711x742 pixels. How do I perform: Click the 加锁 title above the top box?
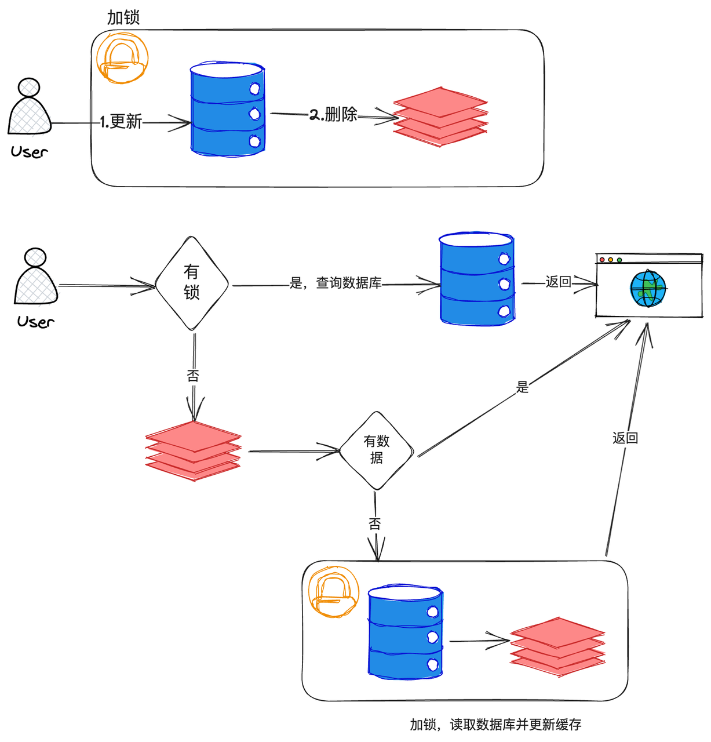tap(123, 17)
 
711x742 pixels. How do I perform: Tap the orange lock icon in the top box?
tap(122, 58)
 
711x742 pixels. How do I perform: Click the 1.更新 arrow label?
tap(121, 122)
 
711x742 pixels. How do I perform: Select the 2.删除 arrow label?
tap(333, 114)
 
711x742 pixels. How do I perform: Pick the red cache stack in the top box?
tap(440, 117)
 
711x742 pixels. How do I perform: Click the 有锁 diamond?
tap(192, 283)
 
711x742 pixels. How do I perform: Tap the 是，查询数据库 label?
tap(336, 283)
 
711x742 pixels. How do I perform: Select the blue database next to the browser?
tap(477, 279)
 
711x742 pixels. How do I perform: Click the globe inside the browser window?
tap(648, 288)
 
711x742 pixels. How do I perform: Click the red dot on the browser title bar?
tap(602, 260)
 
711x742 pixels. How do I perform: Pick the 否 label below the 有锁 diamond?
tap(193, 376)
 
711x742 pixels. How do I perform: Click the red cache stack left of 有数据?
tap(193, 450)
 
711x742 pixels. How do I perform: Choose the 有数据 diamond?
tap(377, 450)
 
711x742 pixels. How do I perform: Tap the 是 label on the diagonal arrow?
tap(523, 387)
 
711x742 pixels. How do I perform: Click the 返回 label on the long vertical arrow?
tap(625, 438)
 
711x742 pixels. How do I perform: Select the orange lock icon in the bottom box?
tap(334, 591)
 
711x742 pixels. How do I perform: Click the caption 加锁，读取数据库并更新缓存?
tap(495, 725)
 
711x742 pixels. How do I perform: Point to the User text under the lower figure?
tap(35, 322)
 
